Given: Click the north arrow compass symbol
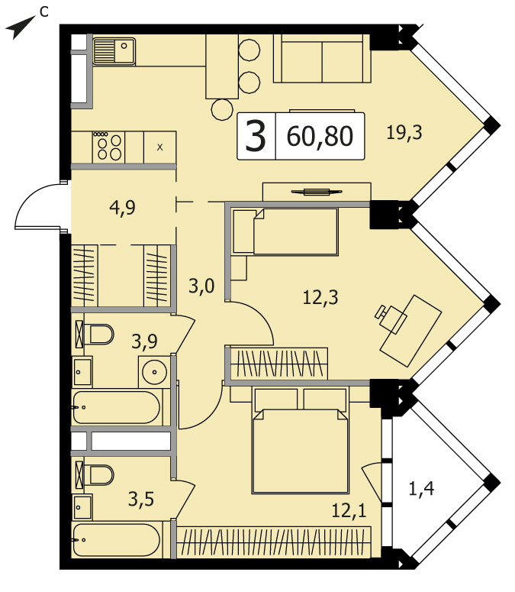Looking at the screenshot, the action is pyautogui.click(x=19, y=27).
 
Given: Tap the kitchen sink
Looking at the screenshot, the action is pyautogui.click(x=114, y=51).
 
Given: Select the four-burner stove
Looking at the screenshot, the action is pyautogui.click(x=109, y=147).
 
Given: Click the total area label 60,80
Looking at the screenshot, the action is pyautogui.click(x=320, y=136).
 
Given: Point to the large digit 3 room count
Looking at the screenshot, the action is pyautogui.click(x=256, y=136).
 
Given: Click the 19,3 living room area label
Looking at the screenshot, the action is pyautogui.click(x=404, y=133).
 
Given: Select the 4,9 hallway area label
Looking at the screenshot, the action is pyautogui.click(x=123, y=208).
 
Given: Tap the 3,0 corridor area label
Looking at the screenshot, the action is pyautogui.click(x=201, y=286).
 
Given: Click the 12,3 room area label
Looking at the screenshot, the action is pyautogui.click(x=320, y=297).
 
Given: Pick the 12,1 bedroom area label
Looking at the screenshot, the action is pyautogui.click(x=349, y=511).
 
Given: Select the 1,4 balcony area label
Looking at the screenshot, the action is pyautogui.click(x=421, y=489).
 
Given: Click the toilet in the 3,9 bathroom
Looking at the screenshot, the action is pyautogui.click(x=98, y=334).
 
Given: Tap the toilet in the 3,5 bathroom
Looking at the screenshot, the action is pyautogui.click(x=98, y=474).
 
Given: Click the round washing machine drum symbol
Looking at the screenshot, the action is pyautogui.click(x=155, y=372).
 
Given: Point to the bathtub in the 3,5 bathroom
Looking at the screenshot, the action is pyautogui.click(x=117, y=540).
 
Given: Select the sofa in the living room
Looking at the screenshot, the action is pyautogui.click(x=322, y=58).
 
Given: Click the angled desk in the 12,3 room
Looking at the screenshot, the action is pyautogui.click(x=410, y=331).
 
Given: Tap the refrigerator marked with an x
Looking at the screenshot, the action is pyautogui.click(x=160, y=147).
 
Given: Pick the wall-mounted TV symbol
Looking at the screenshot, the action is pyautogui.click(x=317, y=192).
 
